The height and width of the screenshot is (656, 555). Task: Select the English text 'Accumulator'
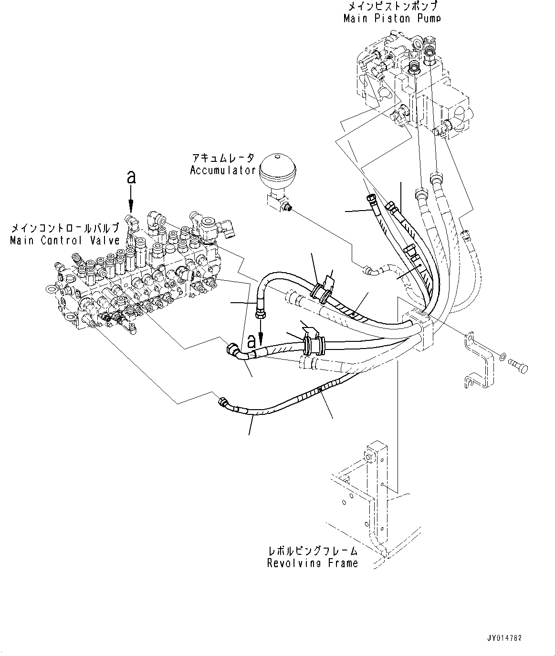coord(223,170)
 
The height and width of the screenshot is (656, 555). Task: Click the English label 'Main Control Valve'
coord(64,241)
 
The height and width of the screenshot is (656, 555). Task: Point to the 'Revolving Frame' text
coord(312,563)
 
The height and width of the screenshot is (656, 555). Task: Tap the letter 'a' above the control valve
coord(131,178)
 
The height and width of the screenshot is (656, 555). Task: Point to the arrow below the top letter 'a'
coord(131,201)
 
